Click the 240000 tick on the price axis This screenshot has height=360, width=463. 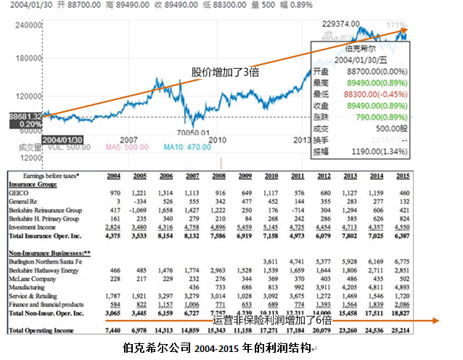23,24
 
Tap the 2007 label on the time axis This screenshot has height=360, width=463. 128,139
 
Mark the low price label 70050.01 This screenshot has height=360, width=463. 192,133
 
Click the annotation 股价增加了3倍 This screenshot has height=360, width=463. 226,72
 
